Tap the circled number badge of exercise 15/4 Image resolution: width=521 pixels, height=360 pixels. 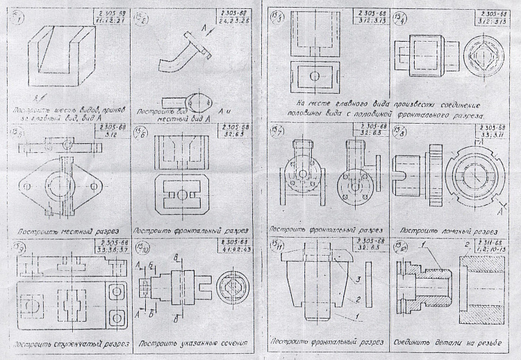(400, 18)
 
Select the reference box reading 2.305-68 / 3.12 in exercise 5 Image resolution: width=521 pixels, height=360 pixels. (104, 133)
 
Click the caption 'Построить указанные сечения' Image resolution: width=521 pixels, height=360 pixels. (187, 343)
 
